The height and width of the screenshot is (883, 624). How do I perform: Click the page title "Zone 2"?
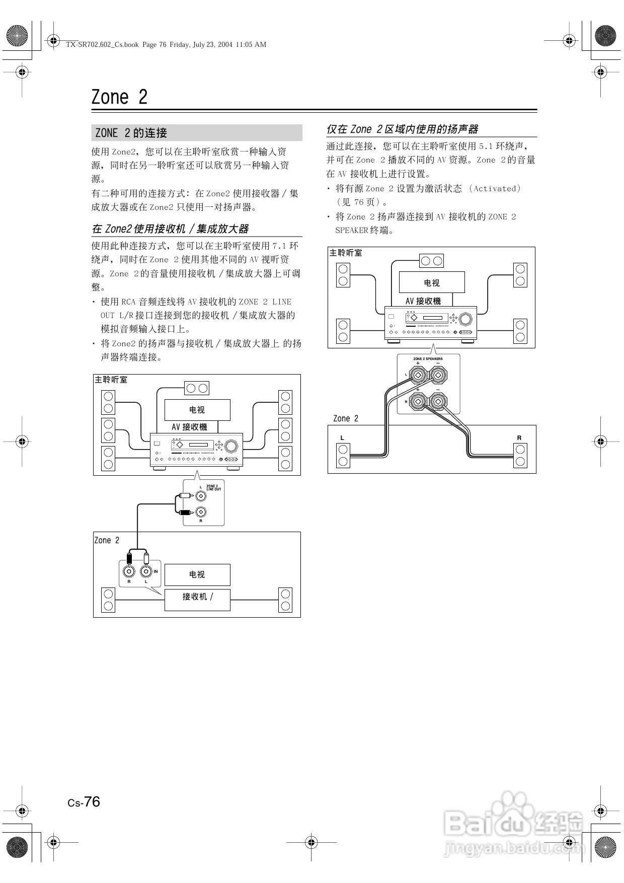[119, 97]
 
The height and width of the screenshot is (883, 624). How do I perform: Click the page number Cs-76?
[84, 802]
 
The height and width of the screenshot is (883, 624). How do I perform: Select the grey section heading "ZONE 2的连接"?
[131, 133]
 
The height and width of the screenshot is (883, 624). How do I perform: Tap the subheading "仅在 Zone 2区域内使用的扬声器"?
[402, 129]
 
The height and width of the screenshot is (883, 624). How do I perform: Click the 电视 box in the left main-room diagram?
[197, 410]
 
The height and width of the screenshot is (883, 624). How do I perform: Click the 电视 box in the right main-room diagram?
[431, 282]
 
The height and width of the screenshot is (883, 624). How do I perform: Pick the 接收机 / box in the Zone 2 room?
[197, 599]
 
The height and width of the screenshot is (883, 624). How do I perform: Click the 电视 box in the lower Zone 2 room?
[197, 574]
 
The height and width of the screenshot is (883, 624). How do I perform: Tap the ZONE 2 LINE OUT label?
[213, 487]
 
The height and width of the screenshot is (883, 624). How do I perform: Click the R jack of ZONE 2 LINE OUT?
[201, 512]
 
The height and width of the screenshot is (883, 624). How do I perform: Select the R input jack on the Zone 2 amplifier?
[129, 571]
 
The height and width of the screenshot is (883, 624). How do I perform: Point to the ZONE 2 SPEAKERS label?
[428, 359]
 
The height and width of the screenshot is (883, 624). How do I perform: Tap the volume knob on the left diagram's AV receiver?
[232, 446]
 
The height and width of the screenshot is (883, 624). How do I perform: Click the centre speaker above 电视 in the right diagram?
[431, 260]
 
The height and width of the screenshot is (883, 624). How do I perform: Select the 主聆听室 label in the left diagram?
[111, 380]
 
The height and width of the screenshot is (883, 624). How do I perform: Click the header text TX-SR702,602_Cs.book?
[102, 44]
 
